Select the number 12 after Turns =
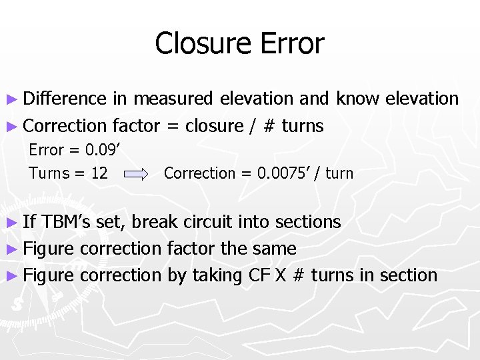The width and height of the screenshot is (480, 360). (99, 173)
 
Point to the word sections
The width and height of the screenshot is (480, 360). (307, 222)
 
